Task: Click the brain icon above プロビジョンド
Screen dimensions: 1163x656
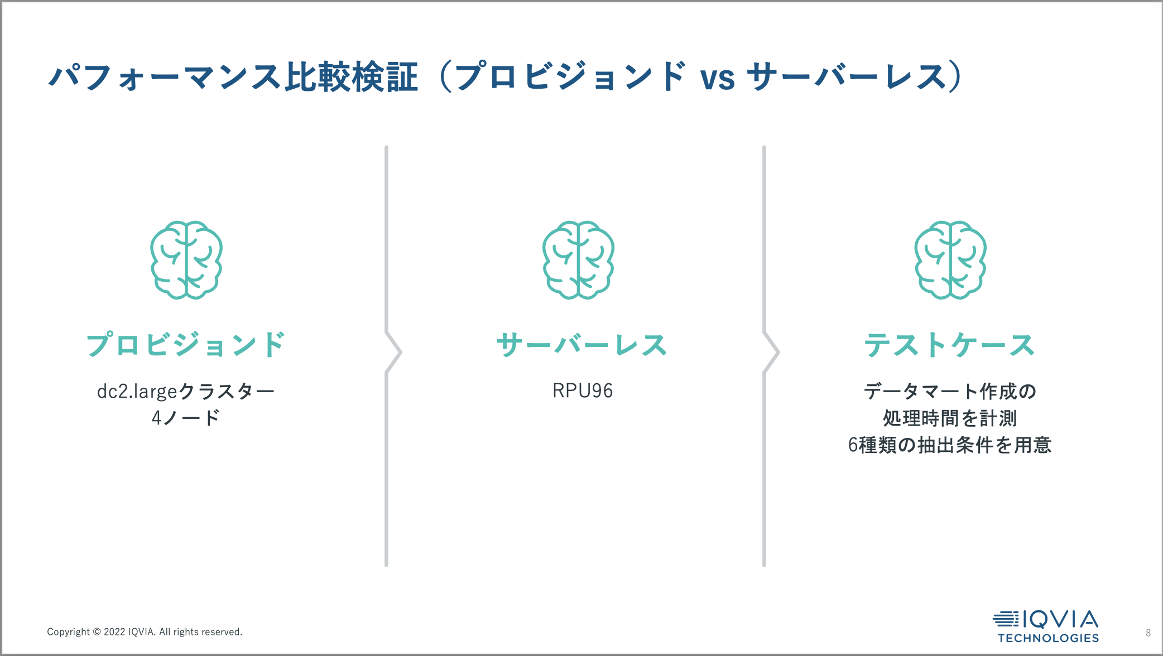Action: click(x=186, y=260)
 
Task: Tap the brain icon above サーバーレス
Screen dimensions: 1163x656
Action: click(x=578, y=260)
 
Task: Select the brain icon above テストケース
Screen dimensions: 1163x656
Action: click(x=950, y=260)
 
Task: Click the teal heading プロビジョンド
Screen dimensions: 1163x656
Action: click(x=186, y=345)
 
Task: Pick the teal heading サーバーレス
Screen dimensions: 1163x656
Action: click(x=581, y=345)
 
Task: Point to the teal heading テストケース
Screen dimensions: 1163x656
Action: click(x=949, y=345)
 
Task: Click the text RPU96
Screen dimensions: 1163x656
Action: click(x=583, y=391)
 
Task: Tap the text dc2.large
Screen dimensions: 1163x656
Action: click(x=137, y=392)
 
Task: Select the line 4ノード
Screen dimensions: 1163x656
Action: click(x=186, y=418)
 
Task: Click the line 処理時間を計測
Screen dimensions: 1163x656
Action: click(x=949, y=418)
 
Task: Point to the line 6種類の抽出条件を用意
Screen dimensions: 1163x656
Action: click(x=949, y=445)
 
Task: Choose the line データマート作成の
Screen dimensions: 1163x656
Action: click(x=949, y=392)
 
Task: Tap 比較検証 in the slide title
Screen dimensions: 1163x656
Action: click(x=352, y=77)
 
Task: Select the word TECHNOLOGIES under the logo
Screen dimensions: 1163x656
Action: click(x=1048, y=638)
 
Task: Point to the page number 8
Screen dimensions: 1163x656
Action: click(x=1148, y=633)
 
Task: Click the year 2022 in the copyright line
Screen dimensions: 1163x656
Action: click(x=114, y=632)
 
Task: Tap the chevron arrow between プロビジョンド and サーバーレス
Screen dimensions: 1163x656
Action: click(x=394, y=353)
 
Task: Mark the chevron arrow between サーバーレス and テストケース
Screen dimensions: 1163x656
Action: click(x=772, y=353)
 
